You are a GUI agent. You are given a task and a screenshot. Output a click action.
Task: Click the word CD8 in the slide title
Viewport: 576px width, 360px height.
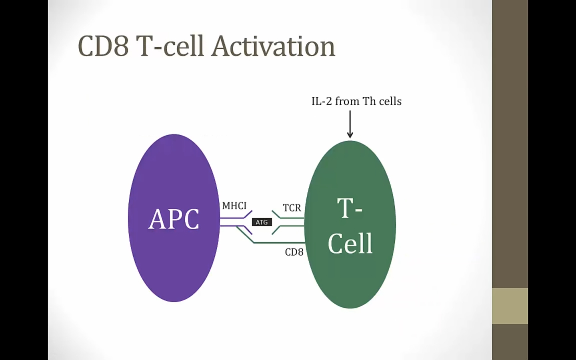point(103,46)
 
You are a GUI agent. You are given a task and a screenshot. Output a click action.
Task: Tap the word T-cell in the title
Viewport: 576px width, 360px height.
point(170,46)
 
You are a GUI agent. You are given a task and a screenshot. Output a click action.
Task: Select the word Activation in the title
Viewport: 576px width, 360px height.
point(273,46)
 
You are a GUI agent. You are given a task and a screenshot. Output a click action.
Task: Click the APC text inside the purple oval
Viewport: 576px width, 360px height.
point(174,219)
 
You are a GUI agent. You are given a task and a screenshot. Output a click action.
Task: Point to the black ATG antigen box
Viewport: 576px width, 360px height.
point(262,222)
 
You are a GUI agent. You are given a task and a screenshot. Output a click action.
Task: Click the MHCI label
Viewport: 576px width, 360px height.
point(234,206)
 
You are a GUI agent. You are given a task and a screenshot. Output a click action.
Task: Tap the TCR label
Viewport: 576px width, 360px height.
point(292,208)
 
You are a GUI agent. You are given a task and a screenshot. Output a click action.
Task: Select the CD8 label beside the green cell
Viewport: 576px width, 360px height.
point(294,252)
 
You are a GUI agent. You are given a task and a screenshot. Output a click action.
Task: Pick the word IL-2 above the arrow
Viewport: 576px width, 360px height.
point(322,101)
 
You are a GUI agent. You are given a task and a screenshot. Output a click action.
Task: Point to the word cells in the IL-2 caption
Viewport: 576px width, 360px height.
point(390,101)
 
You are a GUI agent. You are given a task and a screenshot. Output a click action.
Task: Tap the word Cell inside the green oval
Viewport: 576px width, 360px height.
point(350,243)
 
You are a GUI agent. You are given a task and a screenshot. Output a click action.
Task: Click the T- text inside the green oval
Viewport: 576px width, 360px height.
point(350,208)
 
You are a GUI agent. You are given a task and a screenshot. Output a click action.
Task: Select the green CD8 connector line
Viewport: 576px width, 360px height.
point(280,242)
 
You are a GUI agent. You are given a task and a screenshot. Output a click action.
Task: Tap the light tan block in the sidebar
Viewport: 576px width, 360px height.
point(510,306)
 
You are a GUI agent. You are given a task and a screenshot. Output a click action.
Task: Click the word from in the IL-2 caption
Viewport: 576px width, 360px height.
point(347,101)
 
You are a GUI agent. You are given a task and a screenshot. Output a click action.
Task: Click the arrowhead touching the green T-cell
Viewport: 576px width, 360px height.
point(350,136)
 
